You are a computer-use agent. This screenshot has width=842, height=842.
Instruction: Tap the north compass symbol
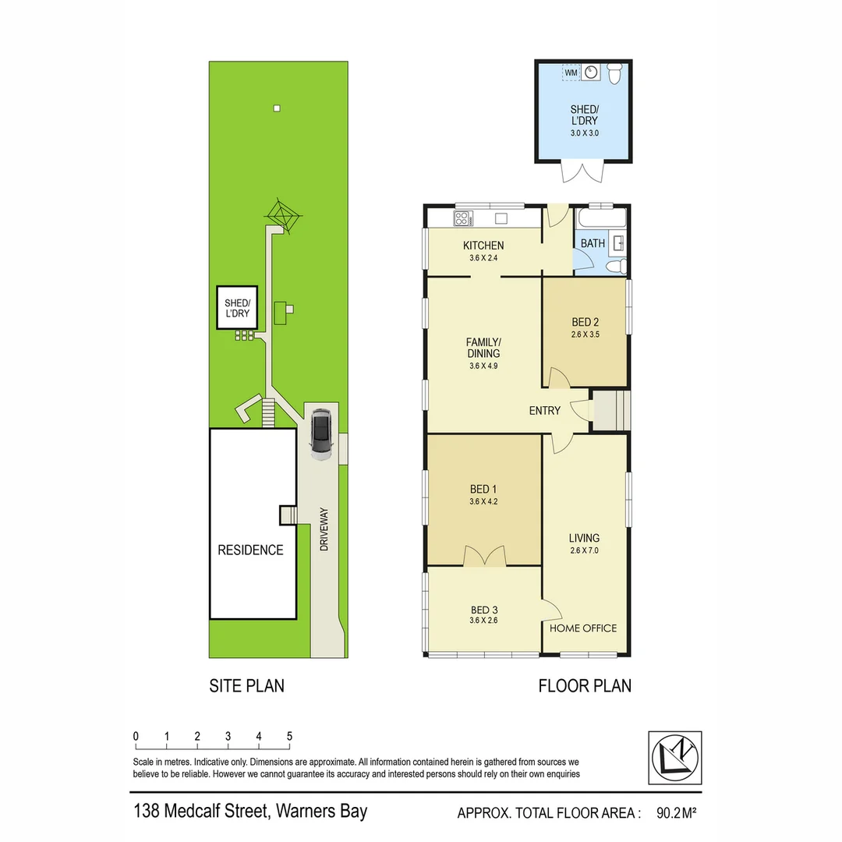[x=675, y=757]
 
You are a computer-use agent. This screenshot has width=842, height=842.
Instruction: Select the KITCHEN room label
[x=484, y=245]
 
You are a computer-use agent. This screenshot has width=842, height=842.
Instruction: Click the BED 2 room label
[x=585, y=322]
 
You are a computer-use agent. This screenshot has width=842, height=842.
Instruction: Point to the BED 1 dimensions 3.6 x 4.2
[x=483, y=502]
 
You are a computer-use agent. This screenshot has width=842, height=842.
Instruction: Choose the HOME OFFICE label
[x=583, y=628]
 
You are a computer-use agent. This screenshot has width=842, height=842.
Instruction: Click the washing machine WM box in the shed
[x=571, y=73]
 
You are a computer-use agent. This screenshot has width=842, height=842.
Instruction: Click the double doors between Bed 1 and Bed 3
[x=484, y=556]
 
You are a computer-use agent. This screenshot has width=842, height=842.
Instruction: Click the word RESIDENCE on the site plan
[x=250, y=550]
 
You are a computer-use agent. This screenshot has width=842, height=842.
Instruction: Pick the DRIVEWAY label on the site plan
[x=324, y=530]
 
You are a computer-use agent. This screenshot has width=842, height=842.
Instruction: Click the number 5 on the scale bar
[x=289, y=736]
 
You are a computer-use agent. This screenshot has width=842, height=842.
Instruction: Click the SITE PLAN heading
[x=246, y=686]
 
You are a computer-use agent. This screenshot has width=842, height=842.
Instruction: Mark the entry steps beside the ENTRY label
[x=610, y=410]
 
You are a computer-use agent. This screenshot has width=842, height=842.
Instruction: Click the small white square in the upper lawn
[x=276, y=108]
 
